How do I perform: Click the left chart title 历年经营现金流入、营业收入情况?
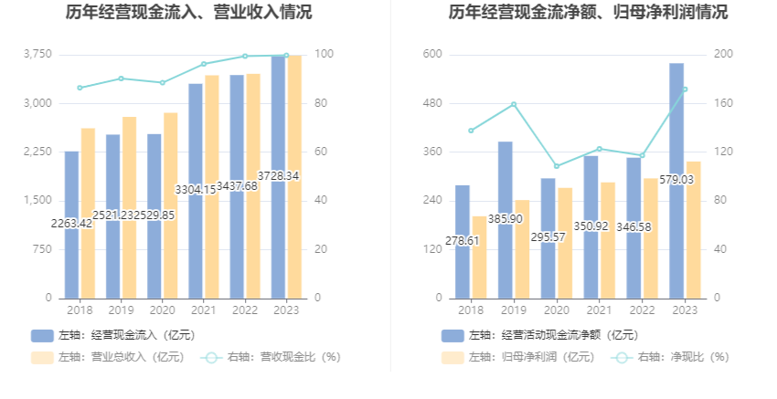tap(188, 13)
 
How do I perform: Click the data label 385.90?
tap(506, 219)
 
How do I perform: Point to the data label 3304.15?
tap(196, 190)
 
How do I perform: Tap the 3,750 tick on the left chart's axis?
tap(37, 55)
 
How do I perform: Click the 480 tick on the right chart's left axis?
tap(432, 103)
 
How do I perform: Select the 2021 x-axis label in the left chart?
tap(203, 310)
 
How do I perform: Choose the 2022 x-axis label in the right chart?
tap(643, 310)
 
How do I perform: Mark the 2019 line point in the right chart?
tap(514, 104)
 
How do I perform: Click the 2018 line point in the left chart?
tap(80, 88)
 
